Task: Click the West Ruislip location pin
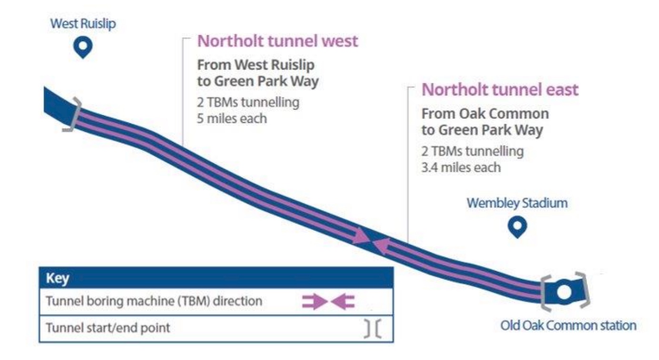84,48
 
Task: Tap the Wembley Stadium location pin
516,227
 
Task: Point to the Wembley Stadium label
517,203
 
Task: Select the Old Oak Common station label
568,326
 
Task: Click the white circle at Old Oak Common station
564,291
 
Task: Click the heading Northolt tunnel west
278,41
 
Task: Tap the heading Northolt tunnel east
500,90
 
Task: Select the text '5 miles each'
232,118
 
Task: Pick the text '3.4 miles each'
461,167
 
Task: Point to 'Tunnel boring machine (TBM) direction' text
154,302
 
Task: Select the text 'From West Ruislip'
256,65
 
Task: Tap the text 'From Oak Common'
485,114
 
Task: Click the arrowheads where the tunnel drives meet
370,241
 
